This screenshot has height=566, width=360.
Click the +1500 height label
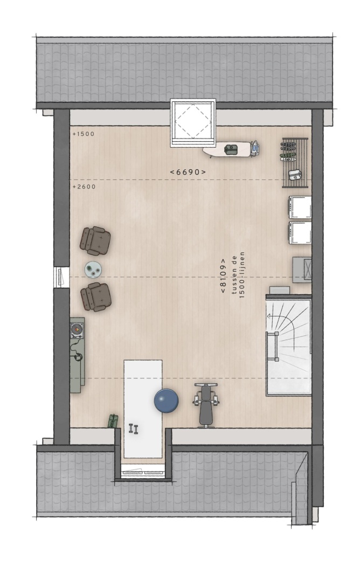(x=84, y=134)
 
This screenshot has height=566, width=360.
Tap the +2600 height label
(x=84, y=187)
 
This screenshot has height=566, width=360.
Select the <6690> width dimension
(x=188, y=172)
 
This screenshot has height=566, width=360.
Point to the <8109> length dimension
(x=223, y=276)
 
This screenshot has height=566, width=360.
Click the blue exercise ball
(x=167, y=401)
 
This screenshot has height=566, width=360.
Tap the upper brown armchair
(x=95, y=241)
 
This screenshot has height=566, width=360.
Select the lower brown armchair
(x=95, y=296)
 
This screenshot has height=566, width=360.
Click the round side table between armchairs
(x=93, y=270)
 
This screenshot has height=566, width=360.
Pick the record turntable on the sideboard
(x=77, y=330)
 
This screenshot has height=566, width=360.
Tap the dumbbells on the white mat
(x=134, y=429)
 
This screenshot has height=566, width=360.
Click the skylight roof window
(x=193, y=123)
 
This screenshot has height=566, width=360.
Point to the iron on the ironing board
(x=254, y=148)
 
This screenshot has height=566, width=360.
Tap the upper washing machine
(x=300, y=207)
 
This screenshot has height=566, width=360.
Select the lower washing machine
(x=300, y=233)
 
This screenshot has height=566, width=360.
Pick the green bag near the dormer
(x=113, y=421)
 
